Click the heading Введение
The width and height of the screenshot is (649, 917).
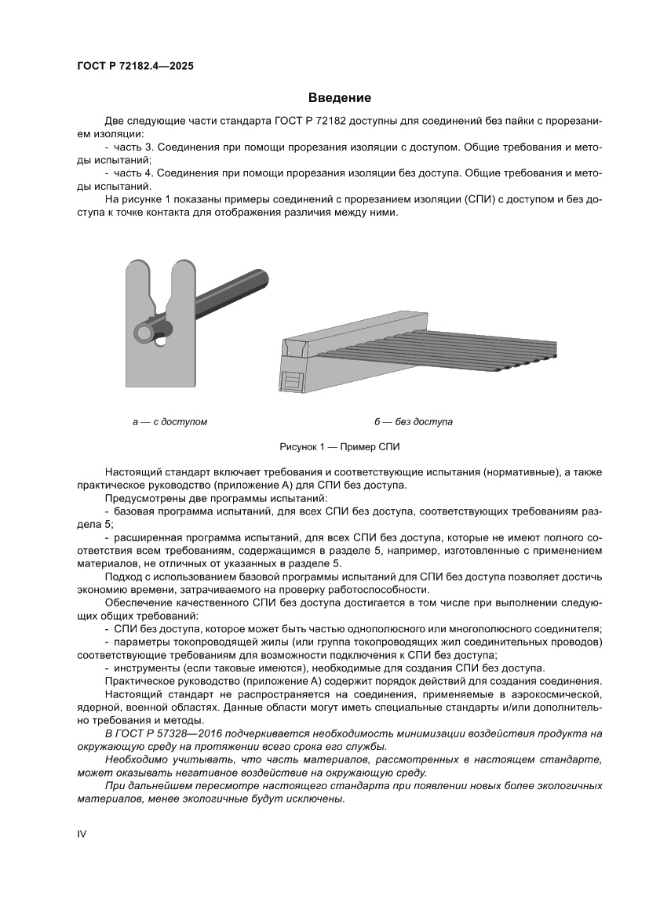pos(339,98)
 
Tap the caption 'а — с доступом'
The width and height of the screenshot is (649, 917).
pos(170,422)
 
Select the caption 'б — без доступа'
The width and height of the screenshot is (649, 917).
pos(414,422)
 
